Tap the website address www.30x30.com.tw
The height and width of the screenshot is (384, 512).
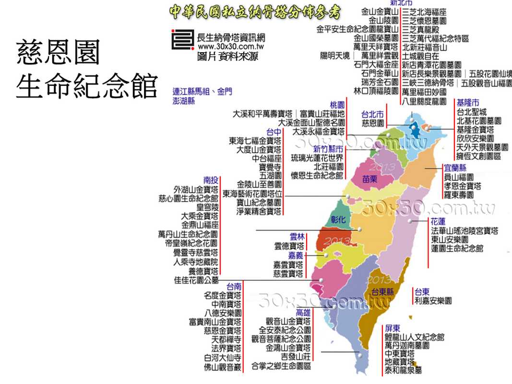coord(231,47)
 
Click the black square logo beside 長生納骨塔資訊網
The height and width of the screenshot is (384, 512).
coord(183,39)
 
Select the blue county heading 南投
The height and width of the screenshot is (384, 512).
coord(211,180)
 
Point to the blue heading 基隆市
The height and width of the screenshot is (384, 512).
coord(468,103)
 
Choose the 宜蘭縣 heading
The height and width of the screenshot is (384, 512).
coord(455,168)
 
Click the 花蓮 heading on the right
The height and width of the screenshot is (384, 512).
coord(438,221)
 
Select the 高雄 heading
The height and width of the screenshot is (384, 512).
coord(303,312)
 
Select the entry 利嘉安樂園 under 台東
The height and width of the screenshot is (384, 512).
coord(433,300)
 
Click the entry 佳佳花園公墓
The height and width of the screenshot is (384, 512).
coord(196,280)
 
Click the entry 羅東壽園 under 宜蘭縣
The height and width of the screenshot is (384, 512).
coord(458,195)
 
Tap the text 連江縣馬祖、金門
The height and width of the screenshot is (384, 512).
coord(202,91)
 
